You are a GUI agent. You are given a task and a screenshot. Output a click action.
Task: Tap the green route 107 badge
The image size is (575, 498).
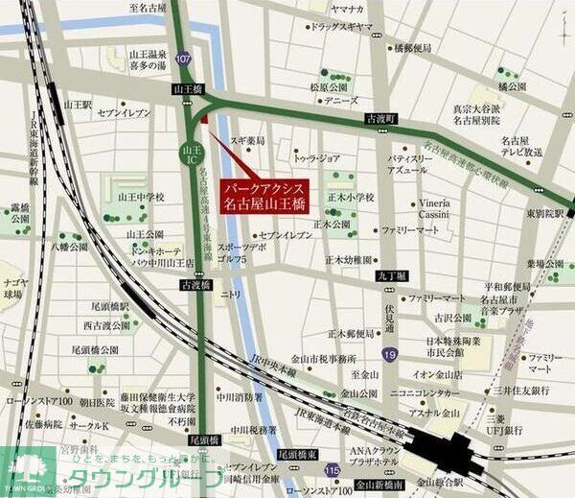click(183, 59)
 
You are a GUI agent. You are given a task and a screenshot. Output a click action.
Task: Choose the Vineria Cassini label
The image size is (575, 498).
click(443, 209)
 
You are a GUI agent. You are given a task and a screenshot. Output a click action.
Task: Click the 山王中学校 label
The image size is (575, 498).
click(140, 197)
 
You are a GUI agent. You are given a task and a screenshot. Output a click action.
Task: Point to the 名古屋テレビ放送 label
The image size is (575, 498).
click(521, 146)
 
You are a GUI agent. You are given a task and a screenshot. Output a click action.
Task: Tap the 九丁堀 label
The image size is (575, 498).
click(393, 275)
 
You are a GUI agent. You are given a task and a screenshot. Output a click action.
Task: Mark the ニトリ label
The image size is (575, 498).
click(232, 295)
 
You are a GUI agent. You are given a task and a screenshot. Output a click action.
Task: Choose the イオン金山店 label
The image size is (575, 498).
click(439, 374)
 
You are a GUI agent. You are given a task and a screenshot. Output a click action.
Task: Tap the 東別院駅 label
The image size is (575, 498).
click(546, 214)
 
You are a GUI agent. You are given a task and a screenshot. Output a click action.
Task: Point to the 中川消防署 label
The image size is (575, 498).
click(240, 395)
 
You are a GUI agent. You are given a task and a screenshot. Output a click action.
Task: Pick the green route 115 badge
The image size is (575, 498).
click(333, 469)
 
